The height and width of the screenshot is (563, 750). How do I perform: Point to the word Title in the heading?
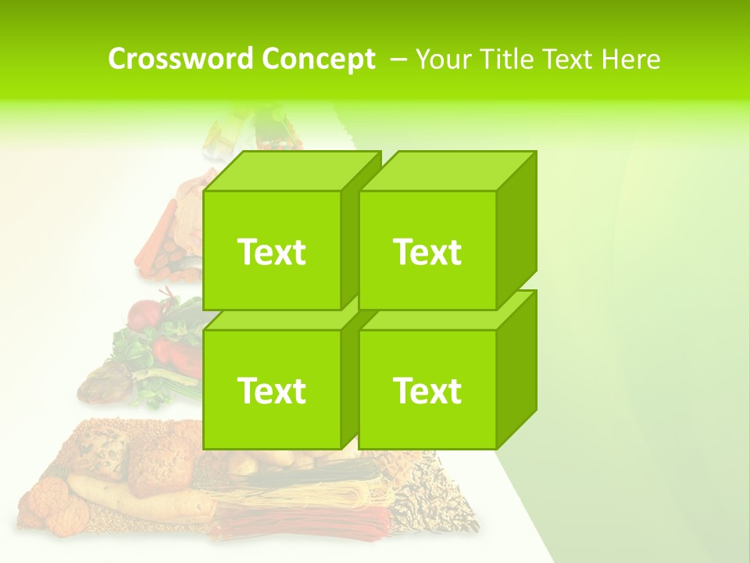[508, 59]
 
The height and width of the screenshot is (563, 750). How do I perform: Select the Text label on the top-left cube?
[271, 252]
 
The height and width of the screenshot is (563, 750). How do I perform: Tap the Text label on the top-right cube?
[427, 252]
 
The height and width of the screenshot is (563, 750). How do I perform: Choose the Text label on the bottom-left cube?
[271, 390]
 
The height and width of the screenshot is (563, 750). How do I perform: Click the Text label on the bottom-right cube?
[427, 390]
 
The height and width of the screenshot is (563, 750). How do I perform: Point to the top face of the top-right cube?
[449, 170]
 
